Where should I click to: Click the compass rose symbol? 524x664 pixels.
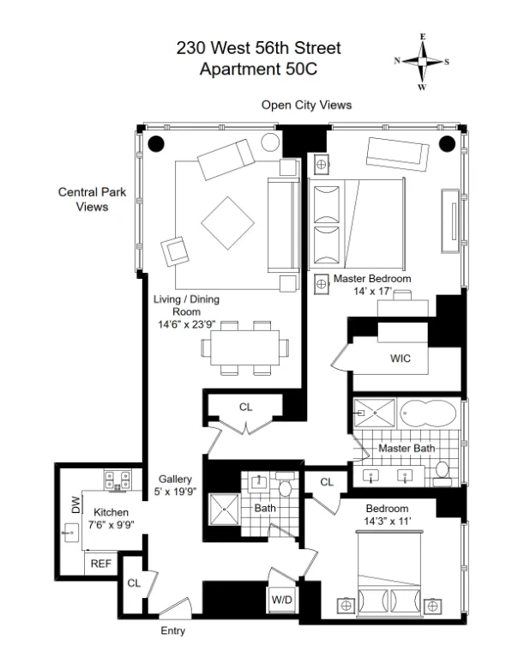[422, 62]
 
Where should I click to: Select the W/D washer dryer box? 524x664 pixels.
[280, 600]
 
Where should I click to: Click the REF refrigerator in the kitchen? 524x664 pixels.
[101, 564]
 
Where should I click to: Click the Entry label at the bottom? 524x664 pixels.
[172, 631]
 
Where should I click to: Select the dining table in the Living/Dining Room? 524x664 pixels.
[244, 347]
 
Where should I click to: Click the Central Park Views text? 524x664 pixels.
[92, 200]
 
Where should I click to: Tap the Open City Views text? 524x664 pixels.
[307, 105]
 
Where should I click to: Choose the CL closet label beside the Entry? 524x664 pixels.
[133, 583]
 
